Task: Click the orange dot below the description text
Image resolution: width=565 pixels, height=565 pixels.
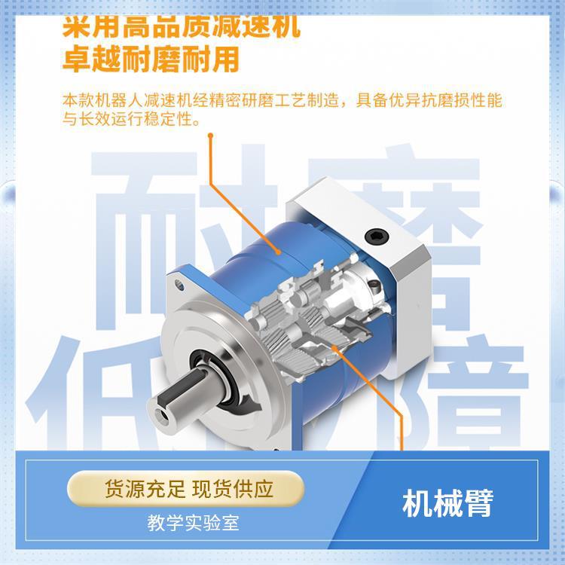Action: pos(212,136)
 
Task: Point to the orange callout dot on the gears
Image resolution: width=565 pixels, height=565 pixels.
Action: pos(334,347)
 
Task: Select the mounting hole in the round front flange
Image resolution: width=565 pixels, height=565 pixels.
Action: pos(181,286)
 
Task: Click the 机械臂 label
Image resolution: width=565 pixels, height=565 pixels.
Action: pos(447,503)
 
